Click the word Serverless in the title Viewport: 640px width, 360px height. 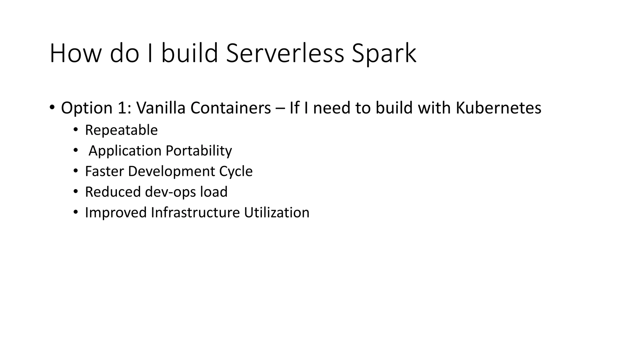point(285,53)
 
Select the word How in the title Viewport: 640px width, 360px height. point(75,53)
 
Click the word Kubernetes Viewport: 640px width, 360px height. point(498,108)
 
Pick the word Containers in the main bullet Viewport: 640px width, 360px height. point(231,108)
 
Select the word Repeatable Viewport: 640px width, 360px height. point(121,130)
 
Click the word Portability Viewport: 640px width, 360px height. point(199,151)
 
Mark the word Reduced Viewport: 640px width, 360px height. point(113,192)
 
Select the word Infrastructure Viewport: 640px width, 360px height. point(195,212)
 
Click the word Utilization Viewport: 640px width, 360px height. point(277,212)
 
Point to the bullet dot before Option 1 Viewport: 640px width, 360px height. point(52,108)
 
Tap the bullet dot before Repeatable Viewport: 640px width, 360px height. point(76,130)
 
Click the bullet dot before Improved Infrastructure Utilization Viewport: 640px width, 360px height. point(76,212)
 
